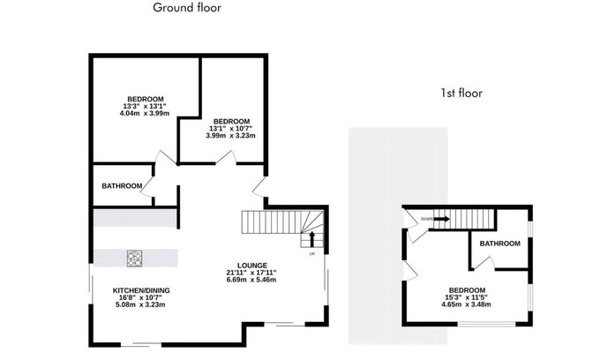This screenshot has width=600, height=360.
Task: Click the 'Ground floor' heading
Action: pos(187,8)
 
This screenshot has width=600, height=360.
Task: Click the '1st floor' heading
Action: pos(461,93)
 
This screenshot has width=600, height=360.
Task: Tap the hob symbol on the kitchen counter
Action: pos(134,259)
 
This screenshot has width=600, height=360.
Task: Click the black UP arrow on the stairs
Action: pos(311,239)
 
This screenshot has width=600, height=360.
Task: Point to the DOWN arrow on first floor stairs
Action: pos(441,219)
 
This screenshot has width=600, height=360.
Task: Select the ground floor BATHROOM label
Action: pos(122,186)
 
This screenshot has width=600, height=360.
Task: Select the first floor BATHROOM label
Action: pos(499,244)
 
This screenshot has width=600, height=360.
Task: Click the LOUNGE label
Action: pos(252,266)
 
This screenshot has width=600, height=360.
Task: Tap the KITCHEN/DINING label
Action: pos(141,291)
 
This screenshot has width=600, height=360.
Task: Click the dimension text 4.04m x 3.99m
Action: pos(145,113)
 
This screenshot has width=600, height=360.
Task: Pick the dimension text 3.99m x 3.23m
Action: pos(231,135)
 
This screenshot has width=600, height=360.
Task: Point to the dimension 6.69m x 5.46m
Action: pos(251,280)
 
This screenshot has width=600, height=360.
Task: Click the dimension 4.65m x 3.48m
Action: pos(467,304)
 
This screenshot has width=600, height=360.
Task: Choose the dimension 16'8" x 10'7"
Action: pos(140,297)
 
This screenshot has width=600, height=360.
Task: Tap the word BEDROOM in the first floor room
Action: pos(468,290)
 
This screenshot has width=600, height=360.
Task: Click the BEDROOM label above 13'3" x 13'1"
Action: pos(146,99)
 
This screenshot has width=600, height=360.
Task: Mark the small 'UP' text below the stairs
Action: pos(311,253)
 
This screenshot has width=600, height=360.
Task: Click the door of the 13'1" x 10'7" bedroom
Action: pos(226,157)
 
